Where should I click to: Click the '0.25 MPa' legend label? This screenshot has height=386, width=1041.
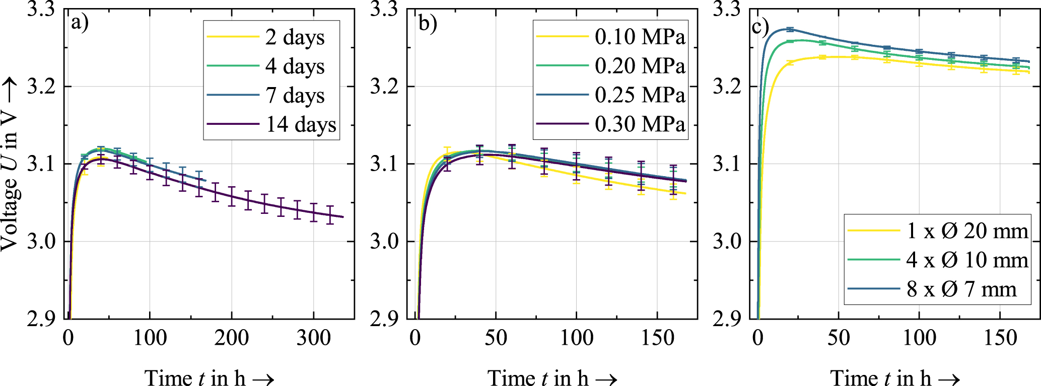640,95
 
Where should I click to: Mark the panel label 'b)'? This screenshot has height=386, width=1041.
428,23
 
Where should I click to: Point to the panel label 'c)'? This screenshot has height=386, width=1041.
760,26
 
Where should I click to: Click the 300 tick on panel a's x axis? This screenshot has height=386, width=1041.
313,338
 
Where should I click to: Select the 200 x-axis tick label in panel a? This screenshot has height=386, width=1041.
231,338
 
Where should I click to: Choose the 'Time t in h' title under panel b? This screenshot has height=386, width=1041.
552,377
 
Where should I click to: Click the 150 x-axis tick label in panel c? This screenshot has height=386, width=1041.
1000,338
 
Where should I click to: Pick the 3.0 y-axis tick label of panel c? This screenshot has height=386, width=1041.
726,241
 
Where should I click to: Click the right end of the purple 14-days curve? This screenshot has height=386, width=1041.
342,217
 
